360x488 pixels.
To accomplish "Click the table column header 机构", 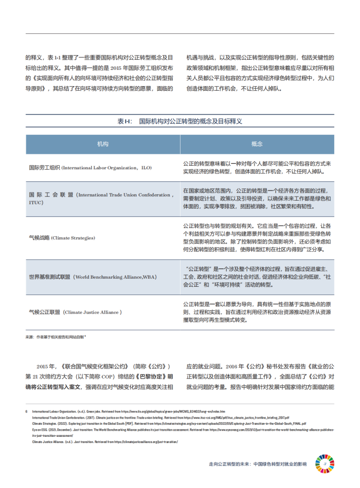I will (102, 144).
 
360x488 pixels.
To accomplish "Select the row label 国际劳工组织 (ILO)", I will (90, 168).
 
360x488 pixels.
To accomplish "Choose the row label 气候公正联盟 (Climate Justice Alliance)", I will (76, 313).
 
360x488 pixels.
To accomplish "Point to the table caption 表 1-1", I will (179, 122).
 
